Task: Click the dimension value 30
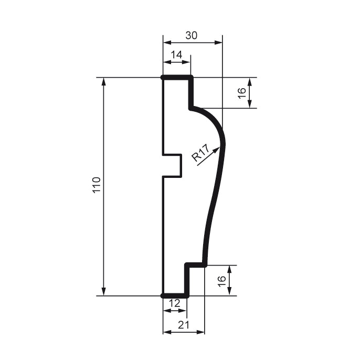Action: pos(192,36)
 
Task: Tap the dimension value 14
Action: pos(176,55)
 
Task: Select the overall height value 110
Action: pos(96,186)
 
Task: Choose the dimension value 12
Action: pos(175,303)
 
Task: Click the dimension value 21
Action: pos(183,325)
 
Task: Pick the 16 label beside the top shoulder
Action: pos(241,93)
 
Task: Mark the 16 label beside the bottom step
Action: pos(222,281)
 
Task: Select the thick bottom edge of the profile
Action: pos(175,295)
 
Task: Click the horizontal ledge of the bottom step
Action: pos(196,264)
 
